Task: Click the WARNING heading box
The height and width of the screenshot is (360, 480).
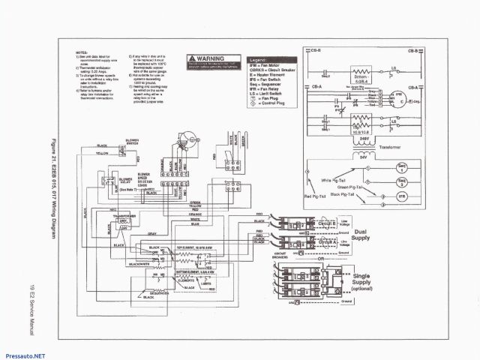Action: click(x=213, y=57)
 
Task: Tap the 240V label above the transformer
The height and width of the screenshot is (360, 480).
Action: click(x=365, y=139)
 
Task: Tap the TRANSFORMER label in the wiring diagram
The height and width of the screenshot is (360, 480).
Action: click(x=124, y=215)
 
